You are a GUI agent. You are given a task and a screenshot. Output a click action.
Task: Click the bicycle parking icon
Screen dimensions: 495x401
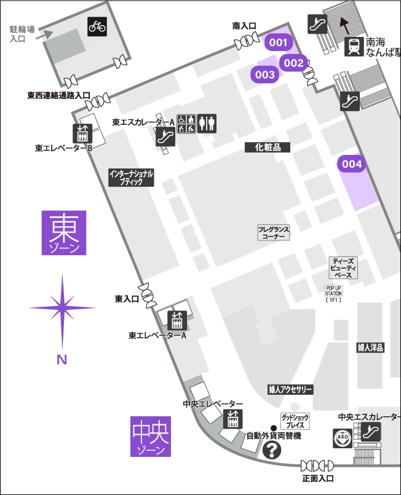(x=97, y=26)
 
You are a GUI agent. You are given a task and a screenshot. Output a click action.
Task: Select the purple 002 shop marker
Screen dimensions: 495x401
(x=293, y=62)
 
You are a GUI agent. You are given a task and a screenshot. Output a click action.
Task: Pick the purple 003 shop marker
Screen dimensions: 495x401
(x=265, y=74)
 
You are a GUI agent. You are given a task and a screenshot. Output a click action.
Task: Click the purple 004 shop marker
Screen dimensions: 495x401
(x=352, y=164)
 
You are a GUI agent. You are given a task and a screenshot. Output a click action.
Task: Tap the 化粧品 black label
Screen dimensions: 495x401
(x=268, y=147)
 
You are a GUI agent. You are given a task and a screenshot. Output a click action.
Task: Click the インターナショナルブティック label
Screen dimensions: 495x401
(x=131, y=178)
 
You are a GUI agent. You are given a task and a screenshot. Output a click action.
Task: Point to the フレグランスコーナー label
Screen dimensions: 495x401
(x=273, y=232)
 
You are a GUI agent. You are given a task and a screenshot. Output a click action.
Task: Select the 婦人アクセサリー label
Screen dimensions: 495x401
(x=290, y=389)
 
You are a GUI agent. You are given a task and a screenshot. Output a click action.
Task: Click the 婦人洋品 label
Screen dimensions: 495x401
(x=370, y=347)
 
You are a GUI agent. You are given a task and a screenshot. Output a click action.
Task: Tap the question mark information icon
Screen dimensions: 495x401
(x=271, y=452)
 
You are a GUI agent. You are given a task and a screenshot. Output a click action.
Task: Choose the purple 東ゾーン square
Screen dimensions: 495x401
(x=64, y=232)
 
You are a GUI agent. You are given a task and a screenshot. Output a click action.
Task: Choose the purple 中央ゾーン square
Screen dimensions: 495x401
(x=151, y=437)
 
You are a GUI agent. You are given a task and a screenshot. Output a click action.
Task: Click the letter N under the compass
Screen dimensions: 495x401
(x=62, y=360)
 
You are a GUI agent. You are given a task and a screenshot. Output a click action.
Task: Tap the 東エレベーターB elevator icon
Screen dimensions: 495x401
(x=82, y=133)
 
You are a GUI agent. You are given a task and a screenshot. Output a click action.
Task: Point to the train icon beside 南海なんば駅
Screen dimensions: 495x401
(x=354, y=47)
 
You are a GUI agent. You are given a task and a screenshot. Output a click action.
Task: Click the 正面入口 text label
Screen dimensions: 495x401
(x=317, y=478)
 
